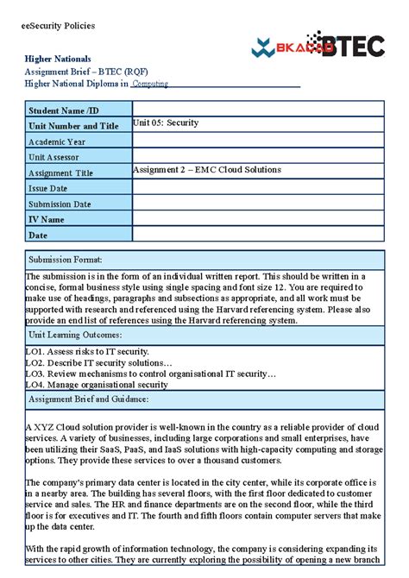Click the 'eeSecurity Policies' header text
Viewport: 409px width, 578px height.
point(58,26)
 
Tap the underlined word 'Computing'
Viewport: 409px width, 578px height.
point(150,84)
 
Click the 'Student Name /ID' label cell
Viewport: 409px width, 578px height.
point(64,110)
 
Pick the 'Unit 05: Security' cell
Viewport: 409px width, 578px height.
point(166,123)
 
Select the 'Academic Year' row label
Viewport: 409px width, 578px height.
point(57,141)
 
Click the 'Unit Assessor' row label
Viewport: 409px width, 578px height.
point(53,157)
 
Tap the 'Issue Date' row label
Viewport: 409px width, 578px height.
point(48,188)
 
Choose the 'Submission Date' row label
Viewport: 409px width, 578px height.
point(60,204)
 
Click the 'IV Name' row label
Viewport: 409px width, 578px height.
point(47,219)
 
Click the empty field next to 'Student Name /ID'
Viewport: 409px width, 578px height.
point(257,110)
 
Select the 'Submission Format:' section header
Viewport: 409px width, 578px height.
point(66,259)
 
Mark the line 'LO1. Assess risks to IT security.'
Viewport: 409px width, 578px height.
point(87,351)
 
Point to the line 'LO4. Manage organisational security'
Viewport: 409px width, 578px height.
point(97,385)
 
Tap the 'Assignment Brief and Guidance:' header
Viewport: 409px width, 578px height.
point(89,399)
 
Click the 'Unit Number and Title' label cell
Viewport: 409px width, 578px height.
point(73,126)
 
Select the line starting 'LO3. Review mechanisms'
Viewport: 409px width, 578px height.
point(151,374)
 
